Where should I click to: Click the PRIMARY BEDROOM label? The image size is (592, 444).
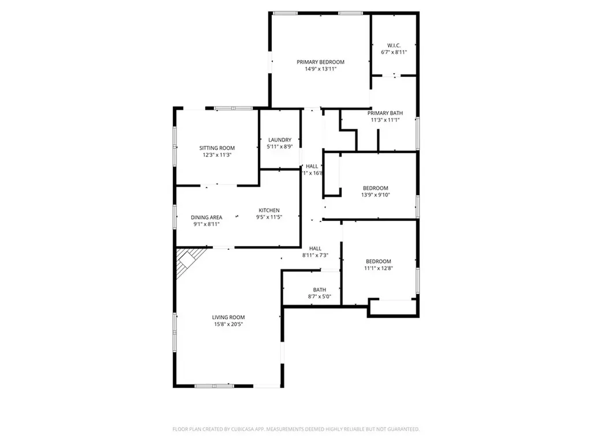(x=320, y=62)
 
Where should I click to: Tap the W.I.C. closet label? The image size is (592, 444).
(x=394, y=45)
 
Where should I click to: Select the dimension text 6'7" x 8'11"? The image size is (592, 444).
(x=394, y=52)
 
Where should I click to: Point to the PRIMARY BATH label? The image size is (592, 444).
(x=386, y=113)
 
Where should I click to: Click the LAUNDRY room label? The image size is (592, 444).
(x=280, y=140)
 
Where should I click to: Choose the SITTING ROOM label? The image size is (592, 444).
(x=217, y=148)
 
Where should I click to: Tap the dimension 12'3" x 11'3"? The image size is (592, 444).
(x=217, y=155)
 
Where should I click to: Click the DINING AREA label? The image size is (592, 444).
(x=206, y=217)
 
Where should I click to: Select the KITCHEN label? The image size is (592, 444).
(x=269, y=210)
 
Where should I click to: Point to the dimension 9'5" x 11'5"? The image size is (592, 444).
(x=269, y=217)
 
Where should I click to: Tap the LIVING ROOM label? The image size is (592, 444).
(x=228, y=317)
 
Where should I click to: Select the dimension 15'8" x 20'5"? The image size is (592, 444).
(x=228, y=324)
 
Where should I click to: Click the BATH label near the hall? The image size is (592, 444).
(x=320, y=290)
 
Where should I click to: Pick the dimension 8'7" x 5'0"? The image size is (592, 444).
(x=320, y=297)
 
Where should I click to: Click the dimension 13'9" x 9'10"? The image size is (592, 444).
(x=376, y=195)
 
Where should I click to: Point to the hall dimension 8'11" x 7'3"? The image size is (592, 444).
(x=315, y=255)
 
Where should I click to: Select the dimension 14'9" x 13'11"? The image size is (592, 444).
(x=320, y=69)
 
